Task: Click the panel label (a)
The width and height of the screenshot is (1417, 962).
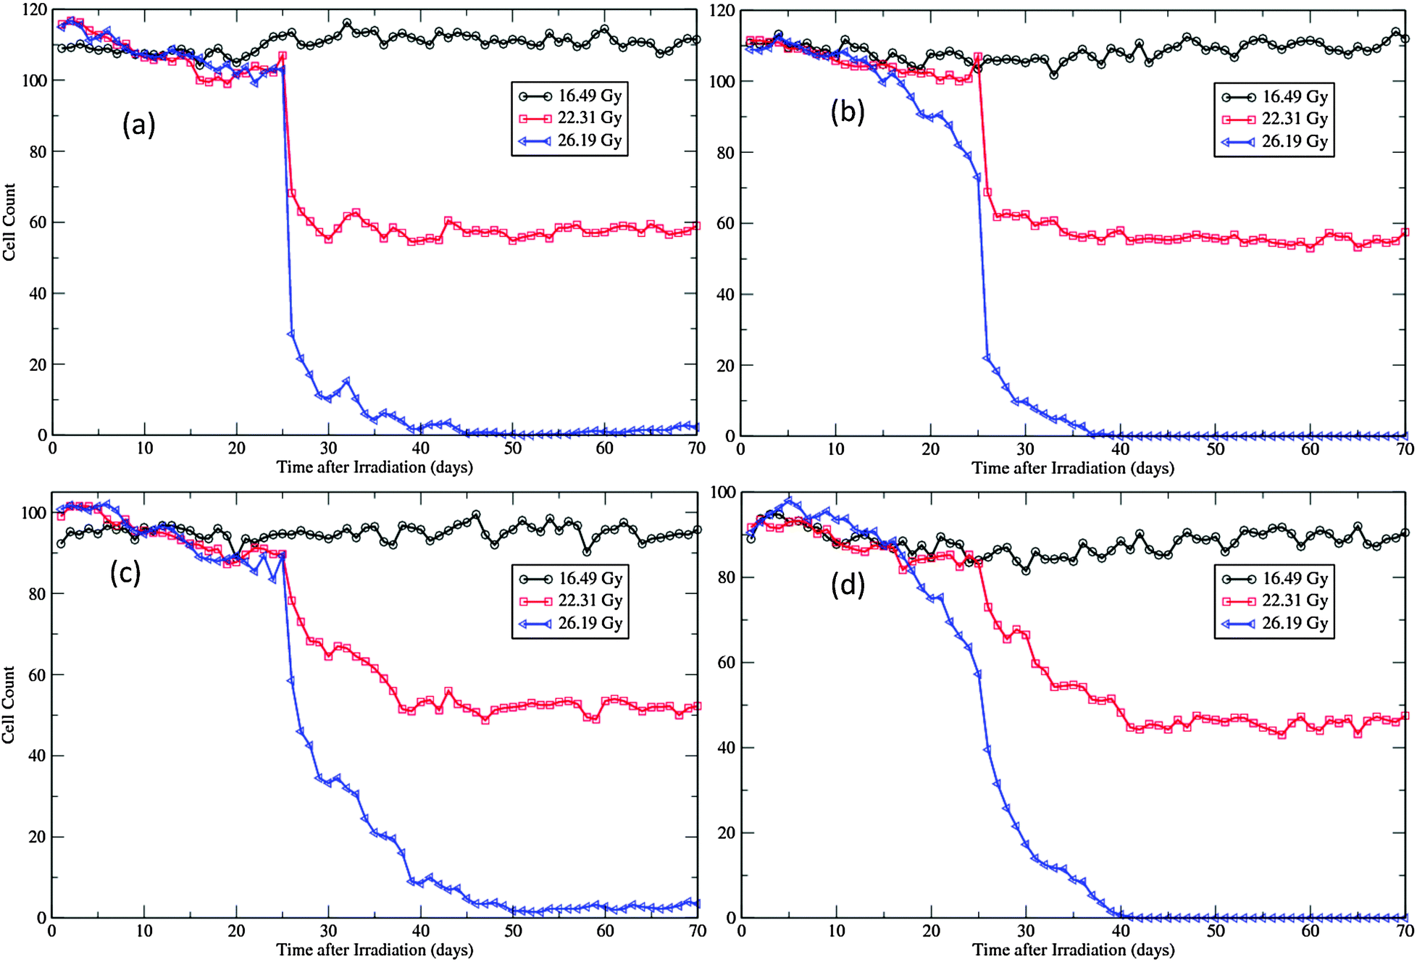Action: pyautogui.click(x=138, y=125)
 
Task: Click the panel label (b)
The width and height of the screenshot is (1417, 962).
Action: pyautogui.click(x=847, y=112)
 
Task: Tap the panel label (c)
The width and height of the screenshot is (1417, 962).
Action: pyautogui.click(x=125, y=572)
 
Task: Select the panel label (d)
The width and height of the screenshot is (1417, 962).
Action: pyautogui.click(x=847, y=584)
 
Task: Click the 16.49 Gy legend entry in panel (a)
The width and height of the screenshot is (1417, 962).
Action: pyautogui.click(x=570, y=96)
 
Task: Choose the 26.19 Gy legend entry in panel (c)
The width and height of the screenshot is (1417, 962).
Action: pyautogui.click(x=571, y=623)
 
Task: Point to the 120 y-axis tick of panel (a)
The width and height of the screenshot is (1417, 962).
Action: pyautogui.click(x=34, y=10)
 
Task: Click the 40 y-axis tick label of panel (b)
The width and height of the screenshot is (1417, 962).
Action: pyautogui.click(x=724, y=295)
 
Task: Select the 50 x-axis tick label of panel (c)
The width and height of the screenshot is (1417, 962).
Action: pyautogui.click(x=513, y=931)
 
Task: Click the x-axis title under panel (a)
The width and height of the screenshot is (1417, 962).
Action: pyautogui.click(x=375, y=467)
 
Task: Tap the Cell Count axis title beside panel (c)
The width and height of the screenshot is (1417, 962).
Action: pyautogui.click(x=9, y=704)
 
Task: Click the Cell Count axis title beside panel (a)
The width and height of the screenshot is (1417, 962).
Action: pyautogui.click(x=9, y=222)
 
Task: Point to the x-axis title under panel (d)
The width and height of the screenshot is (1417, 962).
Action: pyautogui.click(x=1073, y=950)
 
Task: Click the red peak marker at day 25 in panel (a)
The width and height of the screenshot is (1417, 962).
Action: pyautogui.click(x=283, y=56)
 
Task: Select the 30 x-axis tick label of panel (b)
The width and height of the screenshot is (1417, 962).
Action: pyautogui.click(x=1025, y=449)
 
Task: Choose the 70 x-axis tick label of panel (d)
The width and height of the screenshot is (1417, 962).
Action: pyautogui.click(x=1405, y=931)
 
